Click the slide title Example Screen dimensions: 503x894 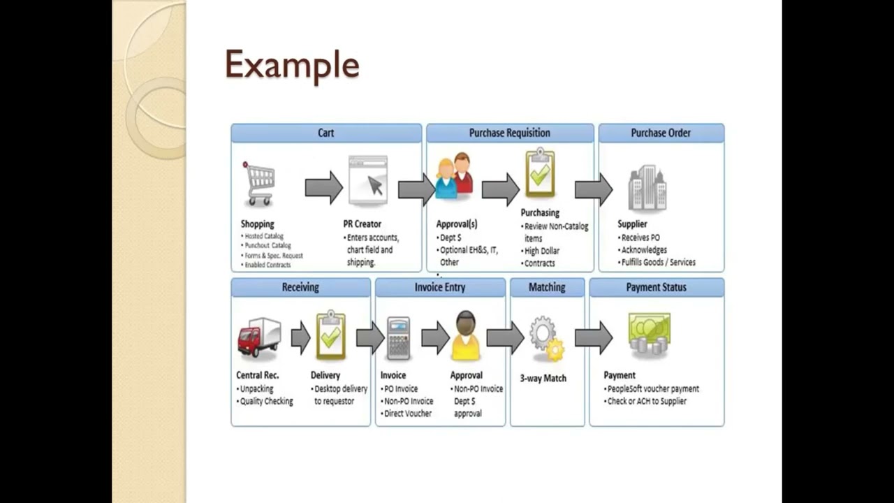292,65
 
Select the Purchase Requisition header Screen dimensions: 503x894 509,133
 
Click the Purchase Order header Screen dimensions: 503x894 661,133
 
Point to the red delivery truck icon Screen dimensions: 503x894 258,337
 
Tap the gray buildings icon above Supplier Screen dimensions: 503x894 647,188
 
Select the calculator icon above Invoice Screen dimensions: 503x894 398,338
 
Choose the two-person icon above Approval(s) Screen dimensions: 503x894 454,177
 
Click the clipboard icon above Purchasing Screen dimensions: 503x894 540,173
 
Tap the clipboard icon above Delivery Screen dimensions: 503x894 330,336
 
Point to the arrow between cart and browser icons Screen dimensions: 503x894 323,188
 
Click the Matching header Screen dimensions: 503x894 547,287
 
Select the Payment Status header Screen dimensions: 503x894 656,287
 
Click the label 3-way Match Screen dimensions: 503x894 543,378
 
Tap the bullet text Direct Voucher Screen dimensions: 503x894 408,414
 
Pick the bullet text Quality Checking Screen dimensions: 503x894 266,401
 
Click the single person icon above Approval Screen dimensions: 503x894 465,336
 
